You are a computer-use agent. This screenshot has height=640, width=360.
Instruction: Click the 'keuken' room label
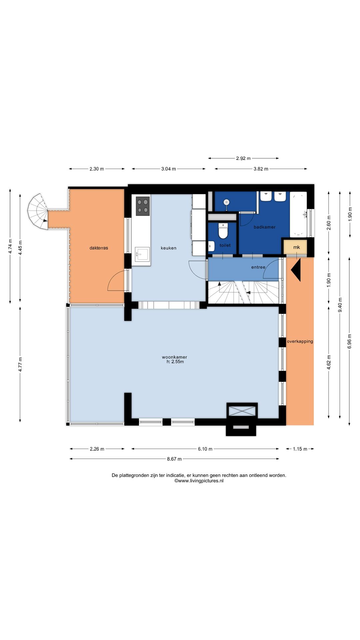click(x=168, y=248)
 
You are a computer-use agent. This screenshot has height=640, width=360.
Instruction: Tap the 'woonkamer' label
click(x=174, y=357)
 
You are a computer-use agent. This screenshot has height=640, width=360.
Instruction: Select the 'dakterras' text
click(x=99, y=248)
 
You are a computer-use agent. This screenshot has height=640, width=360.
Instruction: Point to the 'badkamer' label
click(x=265, y=227)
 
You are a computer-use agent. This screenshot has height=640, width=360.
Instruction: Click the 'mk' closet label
click(x=296, y=247)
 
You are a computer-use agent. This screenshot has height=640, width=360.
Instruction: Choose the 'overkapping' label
click(x=300, y=341)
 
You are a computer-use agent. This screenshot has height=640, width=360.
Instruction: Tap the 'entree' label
click(x=258, y=267)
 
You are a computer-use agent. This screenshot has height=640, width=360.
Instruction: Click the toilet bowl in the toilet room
click(x=223, y=231)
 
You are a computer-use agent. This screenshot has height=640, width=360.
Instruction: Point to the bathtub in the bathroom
click(x=298, y=214)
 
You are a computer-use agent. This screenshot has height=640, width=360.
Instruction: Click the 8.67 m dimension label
click(x=174, y=459)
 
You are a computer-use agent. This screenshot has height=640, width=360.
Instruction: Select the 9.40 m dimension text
click(x=340, y=305)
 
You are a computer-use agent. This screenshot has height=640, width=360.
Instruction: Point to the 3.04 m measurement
click(x=168, y=169)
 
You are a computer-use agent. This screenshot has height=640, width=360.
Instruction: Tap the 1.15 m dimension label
click(x=300, y=449)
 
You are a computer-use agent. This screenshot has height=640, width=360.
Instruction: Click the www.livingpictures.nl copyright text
click(x=199, y=481)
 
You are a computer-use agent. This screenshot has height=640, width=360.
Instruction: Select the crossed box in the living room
click(x=242, y=410)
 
